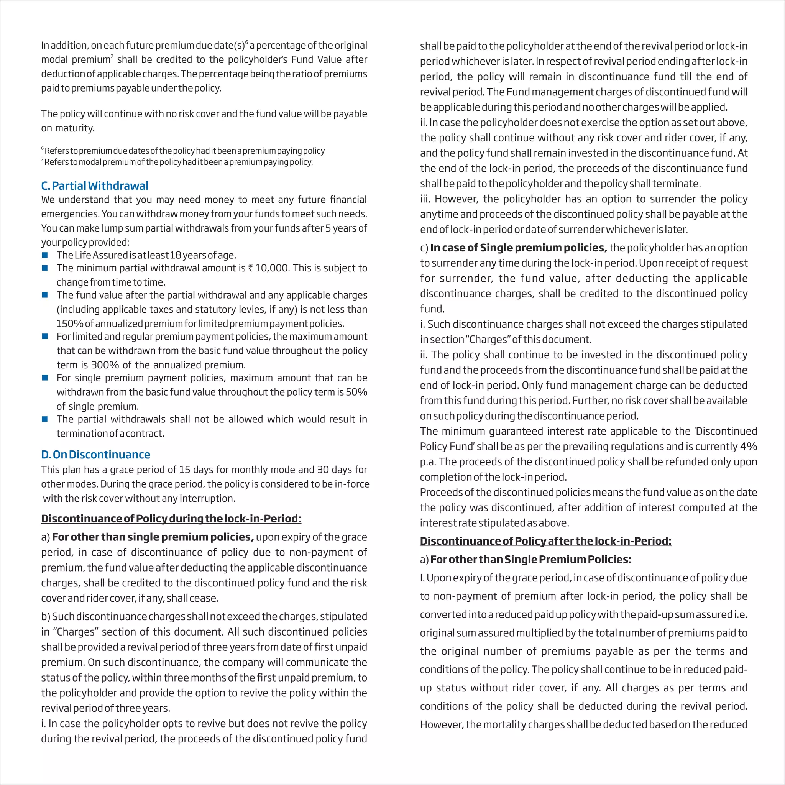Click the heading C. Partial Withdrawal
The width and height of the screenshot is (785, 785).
(95, 186)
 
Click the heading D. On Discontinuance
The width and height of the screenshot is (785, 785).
(95, 454)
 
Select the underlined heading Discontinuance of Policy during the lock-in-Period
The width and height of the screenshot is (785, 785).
(171, 519)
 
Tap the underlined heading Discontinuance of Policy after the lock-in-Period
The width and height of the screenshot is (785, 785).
(545, 541)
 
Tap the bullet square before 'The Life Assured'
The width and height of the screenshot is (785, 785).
(45, 255)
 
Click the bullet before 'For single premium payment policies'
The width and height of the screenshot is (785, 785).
(45, 378)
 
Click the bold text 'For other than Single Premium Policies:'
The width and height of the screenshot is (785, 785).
(530, 560)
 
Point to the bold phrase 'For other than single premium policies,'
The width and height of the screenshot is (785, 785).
(153, 537)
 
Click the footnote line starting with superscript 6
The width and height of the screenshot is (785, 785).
(183, 151)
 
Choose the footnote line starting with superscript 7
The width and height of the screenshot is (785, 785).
(177, 162)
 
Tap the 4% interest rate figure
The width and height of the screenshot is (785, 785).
(749, 446)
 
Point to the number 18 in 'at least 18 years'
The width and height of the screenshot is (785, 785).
(176, 255)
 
